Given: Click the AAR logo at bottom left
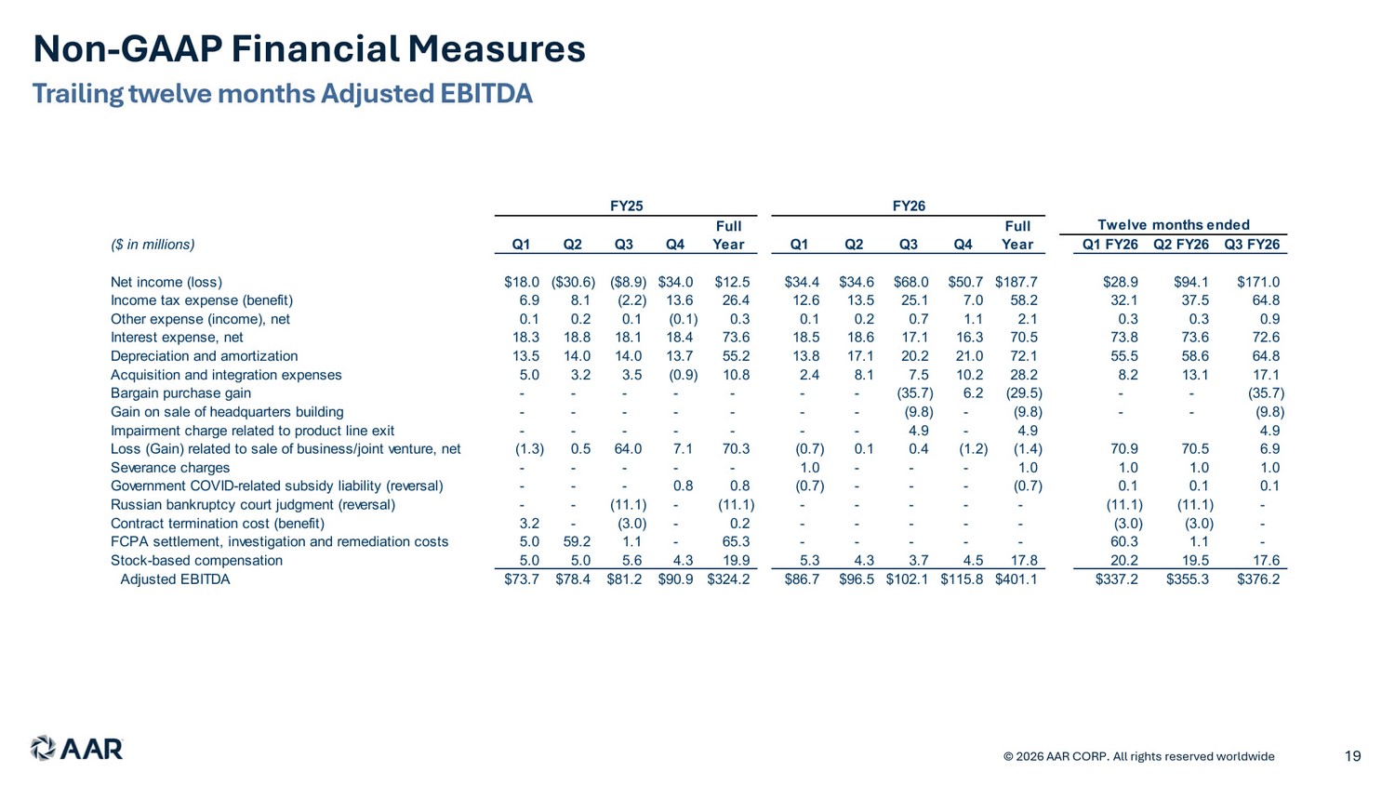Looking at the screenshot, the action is click(x=76, y=748).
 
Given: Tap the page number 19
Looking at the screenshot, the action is click(x=1352, y=756).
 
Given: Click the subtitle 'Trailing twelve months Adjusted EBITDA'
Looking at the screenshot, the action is click(x=282, y=94).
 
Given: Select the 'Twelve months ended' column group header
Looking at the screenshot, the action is click(x=1174, y=225).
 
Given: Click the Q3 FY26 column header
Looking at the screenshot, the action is click(x=1252, y=245).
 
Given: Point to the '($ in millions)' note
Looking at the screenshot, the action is click(x=153, y=245).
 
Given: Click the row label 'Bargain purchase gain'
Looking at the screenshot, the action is click(x=180, y=393).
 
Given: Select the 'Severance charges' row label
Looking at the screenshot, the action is click(x=170, y=467).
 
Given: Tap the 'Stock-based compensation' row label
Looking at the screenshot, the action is click(x=197, y=560).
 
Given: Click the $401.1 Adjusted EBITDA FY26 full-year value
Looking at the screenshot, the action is click(x=1016, y=579).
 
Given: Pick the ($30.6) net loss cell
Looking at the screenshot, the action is click(x=573, y=282).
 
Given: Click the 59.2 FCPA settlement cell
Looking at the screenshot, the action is click(x=577, y=542).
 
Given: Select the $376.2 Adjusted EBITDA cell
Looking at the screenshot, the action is click(x=1258, y=579).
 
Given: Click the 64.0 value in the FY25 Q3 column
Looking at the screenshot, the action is click(x=628, y=449).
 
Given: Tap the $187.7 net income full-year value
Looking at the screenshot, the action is click(x=1016, y=282).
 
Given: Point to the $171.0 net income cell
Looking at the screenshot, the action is click(x=1258, y=282).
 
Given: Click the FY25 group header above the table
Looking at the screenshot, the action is click(x=626, y=206).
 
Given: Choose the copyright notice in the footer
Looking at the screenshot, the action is click(x=1139, y=756).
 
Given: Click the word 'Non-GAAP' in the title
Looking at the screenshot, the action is click(x=127, y=49).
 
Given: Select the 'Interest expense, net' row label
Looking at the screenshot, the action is click(x=177, y=338).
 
